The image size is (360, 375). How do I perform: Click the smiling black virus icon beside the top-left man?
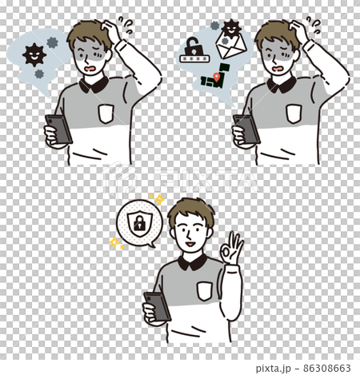[x=34, y=55]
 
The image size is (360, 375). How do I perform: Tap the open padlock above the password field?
[x=194, y=46]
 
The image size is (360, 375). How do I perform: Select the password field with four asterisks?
[x=195, y=58]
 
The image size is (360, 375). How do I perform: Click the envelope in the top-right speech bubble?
[x=231, y=46]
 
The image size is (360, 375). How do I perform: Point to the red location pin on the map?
[x=216, y=77]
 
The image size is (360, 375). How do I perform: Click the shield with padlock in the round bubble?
[x=139, y=223]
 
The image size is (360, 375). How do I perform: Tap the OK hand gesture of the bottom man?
[x=231, y=249]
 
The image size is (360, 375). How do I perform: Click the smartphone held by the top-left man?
[x=58, y=130]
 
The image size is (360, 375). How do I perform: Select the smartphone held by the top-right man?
[x=246, y=130]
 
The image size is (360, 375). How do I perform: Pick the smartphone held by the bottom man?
[x=157, y=306]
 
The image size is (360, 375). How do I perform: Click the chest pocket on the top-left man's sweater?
[x=106, y=114]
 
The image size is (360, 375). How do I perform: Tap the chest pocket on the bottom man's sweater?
[x=205, y=292]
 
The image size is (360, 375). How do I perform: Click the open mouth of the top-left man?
[x=91, y=70]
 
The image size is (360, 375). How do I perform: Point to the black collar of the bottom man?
[x=193, y=262]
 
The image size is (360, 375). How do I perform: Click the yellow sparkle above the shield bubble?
[x=159, y=199]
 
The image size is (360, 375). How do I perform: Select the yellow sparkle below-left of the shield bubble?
[x=114, y=242]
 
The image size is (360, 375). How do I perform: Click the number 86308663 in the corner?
[x=326, y=368]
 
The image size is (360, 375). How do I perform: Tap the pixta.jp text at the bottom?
[x=273, y=369]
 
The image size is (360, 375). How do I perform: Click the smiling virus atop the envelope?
[x=231, y=29]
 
